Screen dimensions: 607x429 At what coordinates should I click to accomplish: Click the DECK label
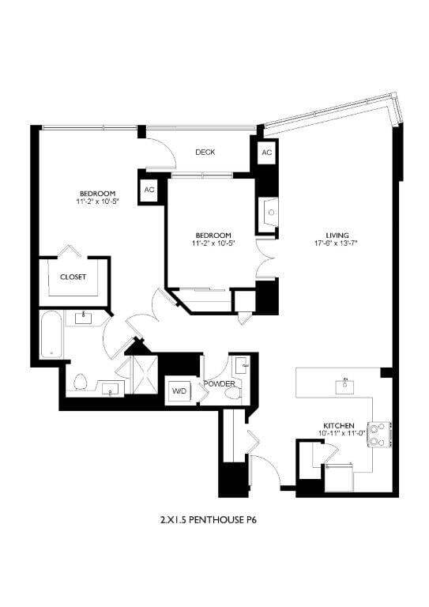(205, 153)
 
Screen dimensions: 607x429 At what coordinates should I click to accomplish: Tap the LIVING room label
(338, 234)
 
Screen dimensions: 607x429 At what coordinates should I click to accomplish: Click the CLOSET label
(73, 277)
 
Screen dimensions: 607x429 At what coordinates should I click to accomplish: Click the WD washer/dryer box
(179, 390)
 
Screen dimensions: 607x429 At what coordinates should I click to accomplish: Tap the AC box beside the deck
(266, 153)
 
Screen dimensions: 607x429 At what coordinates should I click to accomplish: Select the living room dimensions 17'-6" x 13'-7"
(338, 243)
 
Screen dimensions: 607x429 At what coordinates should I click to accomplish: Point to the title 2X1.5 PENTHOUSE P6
(213, 521)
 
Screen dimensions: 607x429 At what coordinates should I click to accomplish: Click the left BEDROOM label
(98, 194)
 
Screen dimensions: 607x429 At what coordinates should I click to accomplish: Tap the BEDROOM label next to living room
(213, 236)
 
